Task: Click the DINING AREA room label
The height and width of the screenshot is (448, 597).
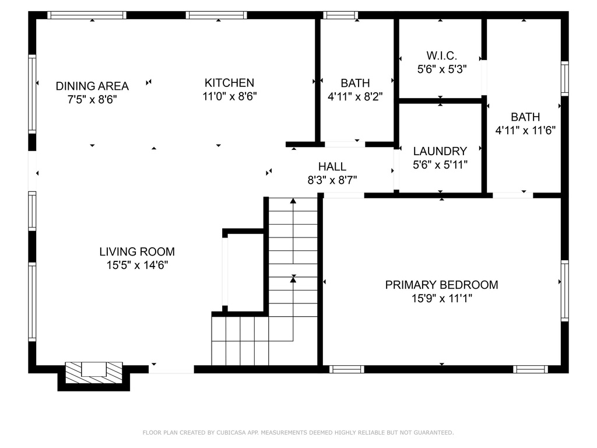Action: (92, 86)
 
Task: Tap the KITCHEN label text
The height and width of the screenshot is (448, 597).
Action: (229, 83)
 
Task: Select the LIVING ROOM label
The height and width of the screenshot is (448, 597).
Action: (137, 252)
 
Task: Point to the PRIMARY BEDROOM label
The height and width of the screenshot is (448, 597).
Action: (442, 285)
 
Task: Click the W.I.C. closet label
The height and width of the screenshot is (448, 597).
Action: (442, 56)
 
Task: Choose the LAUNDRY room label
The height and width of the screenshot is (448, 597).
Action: (440, 151)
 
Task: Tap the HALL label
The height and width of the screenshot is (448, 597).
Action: (332, 166)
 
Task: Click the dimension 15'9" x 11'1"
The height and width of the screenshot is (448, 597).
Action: (442, 298)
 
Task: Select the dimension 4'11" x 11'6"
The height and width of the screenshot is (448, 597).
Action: (525, 131)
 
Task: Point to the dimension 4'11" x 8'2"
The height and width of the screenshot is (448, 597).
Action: (355, 97)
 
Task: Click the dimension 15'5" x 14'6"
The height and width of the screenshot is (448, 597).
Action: (137, 265)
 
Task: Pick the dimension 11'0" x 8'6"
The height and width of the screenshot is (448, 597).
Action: (230, 96)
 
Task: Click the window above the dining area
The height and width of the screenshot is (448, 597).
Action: (87, 15)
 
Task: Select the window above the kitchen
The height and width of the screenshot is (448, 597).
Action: (216, 15)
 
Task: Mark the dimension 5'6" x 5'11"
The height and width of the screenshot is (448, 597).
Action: (440, 165)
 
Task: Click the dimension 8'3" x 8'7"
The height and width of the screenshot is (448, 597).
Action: (332, 180)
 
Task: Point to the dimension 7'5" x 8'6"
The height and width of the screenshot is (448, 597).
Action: (92, 100)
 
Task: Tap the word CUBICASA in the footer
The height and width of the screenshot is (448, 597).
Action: (231, 433)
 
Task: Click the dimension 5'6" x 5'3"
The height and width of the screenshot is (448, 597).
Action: (442, 69)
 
